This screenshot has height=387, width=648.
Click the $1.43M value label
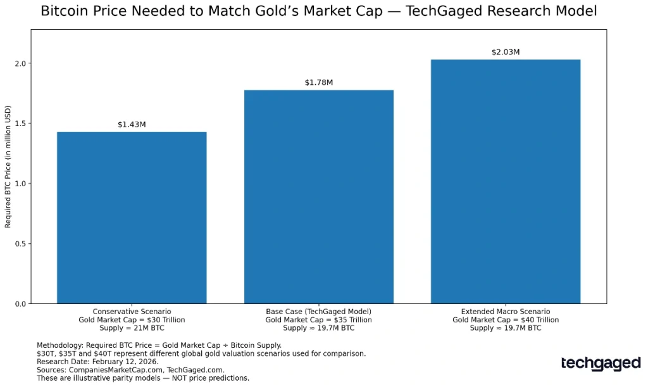tap(132, 125)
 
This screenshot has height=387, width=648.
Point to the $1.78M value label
tap(319, 83)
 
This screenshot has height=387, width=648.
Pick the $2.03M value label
tap(506, 52)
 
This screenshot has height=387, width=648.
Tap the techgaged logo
tap(601, 364)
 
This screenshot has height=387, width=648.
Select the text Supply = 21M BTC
tap(132, 328)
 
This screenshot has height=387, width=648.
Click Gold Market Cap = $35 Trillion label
tap(319, 320)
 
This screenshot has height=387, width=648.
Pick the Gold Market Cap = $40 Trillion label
tap(506, 320)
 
